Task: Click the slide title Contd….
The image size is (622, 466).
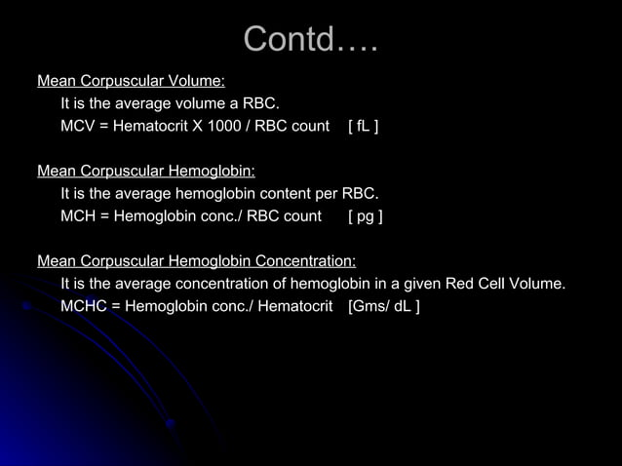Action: point(310,40)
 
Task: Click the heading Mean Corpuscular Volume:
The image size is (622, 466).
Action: point(131,81)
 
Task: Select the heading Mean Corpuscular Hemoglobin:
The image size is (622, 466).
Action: point(146,171)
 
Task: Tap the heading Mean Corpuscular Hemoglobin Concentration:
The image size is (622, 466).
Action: point(196,261)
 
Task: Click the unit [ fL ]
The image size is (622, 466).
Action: point(363,127)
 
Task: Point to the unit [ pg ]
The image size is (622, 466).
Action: point(365,216)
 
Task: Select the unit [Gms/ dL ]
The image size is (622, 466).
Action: point(384,307)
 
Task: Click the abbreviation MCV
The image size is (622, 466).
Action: point(77,127)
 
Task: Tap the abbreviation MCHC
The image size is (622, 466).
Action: point(83,307)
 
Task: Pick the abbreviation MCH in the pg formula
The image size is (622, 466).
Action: point(77,216)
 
